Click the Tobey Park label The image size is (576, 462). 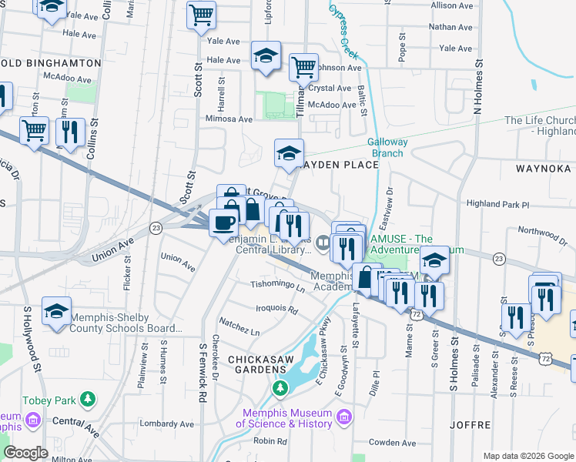click(49, 400)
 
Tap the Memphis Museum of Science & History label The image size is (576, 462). click(283, 419)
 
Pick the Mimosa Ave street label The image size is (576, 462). click(229, 119)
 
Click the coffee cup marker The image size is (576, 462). click(223, 223)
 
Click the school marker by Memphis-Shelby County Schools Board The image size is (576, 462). click(56, 312)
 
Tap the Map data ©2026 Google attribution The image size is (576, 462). click(528, 456)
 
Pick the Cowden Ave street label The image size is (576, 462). click(393, 442)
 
